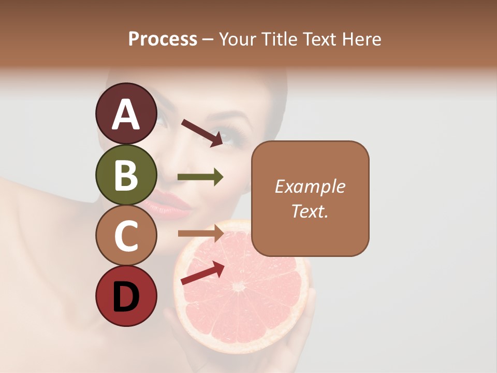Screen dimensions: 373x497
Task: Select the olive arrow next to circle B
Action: click(200, 177)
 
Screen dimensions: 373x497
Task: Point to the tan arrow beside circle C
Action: click(201, 234)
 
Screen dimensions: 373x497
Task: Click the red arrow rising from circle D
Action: click(202, 274)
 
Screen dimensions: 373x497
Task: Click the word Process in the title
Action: click(163, 39)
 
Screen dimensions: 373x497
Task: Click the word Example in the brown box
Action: click(310, 187)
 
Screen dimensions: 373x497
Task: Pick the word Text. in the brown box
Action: click(310, 211)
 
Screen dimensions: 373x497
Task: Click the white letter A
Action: click(126, 114)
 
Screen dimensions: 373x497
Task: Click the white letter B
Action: click(126, 176)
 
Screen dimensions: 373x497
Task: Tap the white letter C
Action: click(126, 236)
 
